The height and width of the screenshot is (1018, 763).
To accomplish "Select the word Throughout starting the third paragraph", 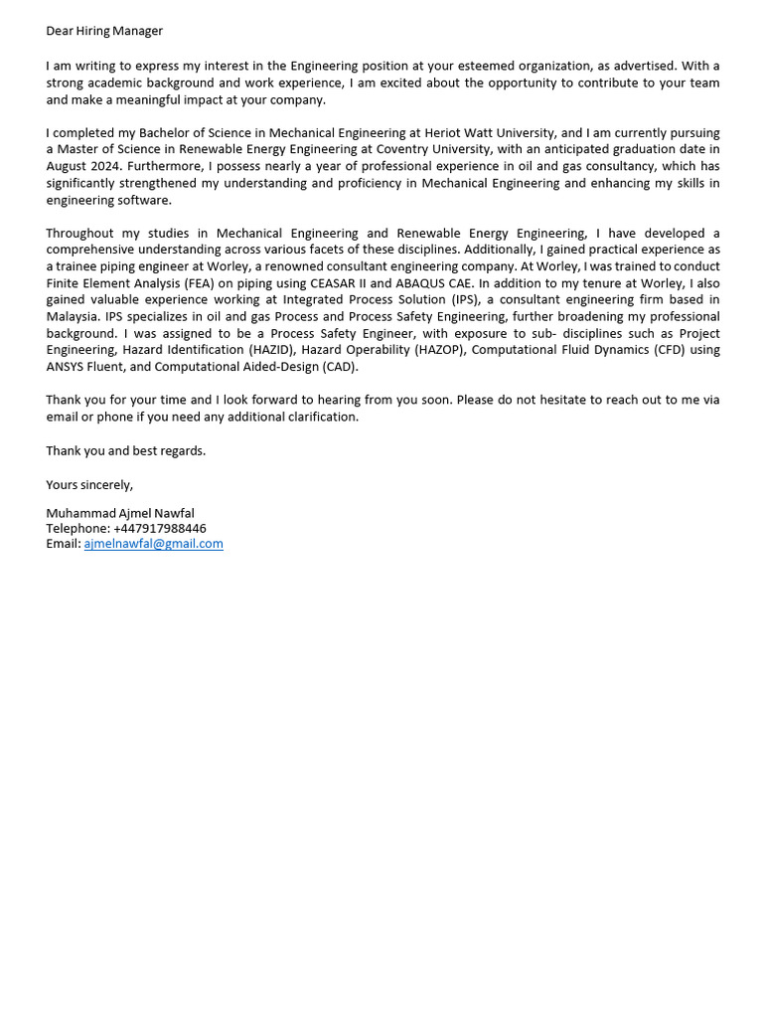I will pyautogui.click(x=79, y=233).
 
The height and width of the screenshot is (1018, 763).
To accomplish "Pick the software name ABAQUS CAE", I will pyautogui.click(x=434, y=282).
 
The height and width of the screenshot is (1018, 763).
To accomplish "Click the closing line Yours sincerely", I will pyautogui.click(x=89, y=484).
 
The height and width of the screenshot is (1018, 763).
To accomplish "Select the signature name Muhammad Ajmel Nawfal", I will pyautogui.click(x=120, y=513).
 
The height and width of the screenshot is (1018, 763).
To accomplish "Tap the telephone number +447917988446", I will pyautogui.click(x=160, y=528).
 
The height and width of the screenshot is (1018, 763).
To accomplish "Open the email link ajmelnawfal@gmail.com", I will pyautogui.click(x=153, y=544).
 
